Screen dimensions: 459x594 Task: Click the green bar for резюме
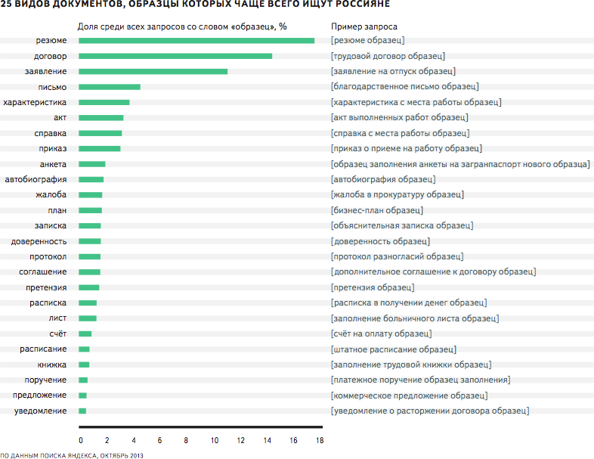[x=196, y=40]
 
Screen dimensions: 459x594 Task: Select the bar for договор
[x=175, y=56]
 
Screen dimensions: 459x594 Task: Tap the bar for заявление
[x=153, y=71]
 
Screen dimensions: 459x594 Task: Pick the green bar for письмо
[x=110, y=87]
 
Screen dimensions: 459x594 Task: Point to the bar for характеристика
[x=104, y=102]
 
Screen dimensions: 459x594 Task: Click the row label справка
[x=51, y=133]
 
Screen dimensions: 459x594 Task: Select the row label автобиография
[x=36, y=179]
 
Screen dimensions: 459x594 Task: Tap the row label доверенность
[x=39, y=241]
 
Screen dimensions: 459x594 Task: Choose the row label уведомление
[x=40, y=411]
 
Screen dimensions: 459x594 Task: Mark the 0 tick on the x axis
[x=80, y=440]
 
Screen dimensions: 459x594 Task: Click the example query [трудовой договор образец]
[x=388, y=56]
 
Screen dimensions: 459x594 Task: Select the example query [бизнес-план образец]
[x=376, y=210]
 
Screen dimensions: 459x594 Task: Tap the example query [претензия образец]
[x=373, y=287]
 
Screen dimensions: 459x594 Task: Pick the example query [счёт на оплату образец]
[x=382, y=333]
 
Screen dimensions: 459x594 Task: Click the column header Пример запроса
[x=358, y=26]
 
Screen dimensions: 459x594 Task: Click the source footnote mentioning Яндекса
[x=71, y=455]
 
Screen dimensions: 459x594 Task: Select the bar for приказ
[x=100, y=148]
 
